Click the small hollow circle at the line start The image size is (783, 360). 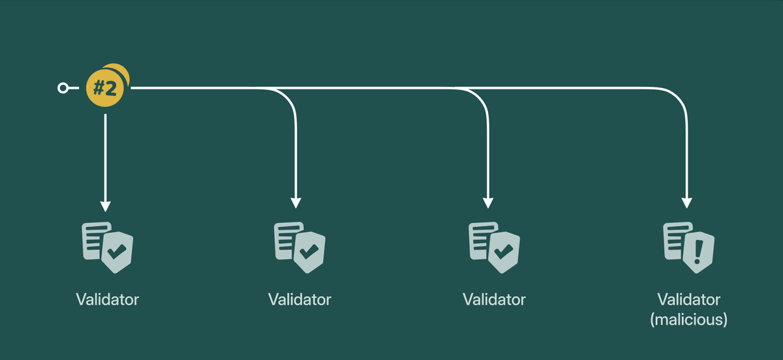(x=63, y=88)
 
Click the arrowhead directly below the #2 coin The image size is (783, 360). (x=105, y=205)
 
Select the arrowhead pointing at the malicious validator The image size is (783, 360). (x=686, y=202)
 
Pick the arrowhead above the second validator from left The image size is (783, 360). (x=296, y=202)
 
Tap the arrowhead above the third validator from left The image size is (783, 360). (x=487, y=202)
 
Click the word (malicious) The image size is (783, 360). (x=688, y=320)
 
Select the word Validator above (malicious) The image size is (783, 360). (x=688, y=300)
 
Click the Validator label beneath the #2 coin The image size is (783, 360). (x=107, y=300)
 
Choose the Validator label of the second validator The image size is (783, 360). (x=299, y=300)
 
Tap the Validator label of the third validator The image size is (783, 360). (x=494, y=300)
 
